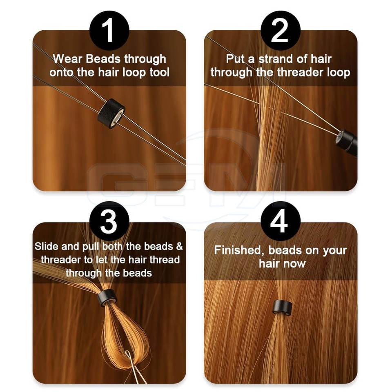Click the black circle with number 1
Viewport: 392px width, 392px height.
pos(109,31)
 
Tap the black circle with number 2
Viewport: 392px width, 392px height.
pos(281,31)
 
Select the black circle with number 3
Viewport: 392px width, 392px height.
pos(109,221)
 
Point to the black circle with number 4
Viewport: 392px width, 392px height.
pos(281,221)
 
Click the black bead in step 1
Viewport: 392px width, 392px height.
pos(111,114)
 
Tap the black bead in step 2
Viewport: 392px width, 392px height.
pos(347,143)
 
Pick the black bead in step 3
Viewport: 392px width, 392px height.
pos(107,298)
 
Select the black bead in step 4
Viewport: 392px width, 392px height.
pos(282,307)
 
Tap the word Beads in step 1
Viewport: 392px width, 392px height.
pos(104,59)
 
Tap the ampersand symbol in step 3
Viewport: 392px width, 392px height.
pos(180,247)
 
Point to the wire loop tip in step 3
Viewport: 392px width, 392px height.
pos(127,352)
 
